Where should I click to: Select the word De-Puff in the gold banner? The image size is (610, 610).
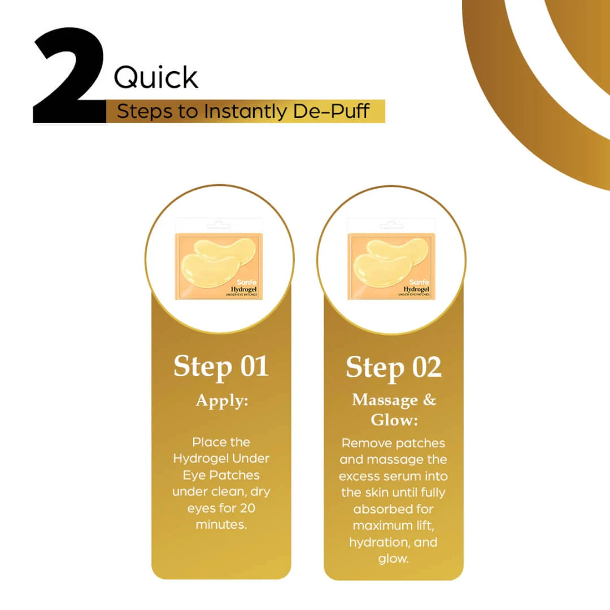[331, 111]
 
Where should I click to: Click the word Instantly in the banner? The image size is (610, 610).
[245, 111]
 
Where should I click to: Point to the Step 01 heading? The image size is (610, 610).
[221, 367]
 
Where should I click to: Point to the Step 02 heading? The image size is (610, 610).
[394, 367]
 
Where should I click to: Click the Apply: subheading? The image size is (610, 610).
[222, 400]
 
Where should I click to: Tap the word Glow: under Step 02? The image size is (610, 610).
[394, 420]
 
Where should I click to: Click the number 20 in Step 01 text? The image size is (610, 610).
[247, 508]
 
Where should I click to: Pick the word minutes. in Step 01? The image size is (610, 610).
[221, 524]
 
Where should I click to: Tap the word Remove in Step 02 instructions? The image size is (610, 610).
[363, 443]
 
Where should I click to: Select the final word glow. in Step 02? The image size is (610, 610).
[393, 559]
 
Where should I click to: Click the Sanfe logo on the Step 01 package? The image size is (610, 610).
[247, 282]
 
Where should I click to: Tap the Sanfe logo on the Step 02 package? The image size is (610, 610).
[419, 282]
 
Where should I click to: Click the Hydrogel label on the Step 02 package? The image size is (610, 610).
[416, 289]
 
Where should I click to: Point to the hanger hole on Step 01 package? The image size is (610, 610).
[219, 224]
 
